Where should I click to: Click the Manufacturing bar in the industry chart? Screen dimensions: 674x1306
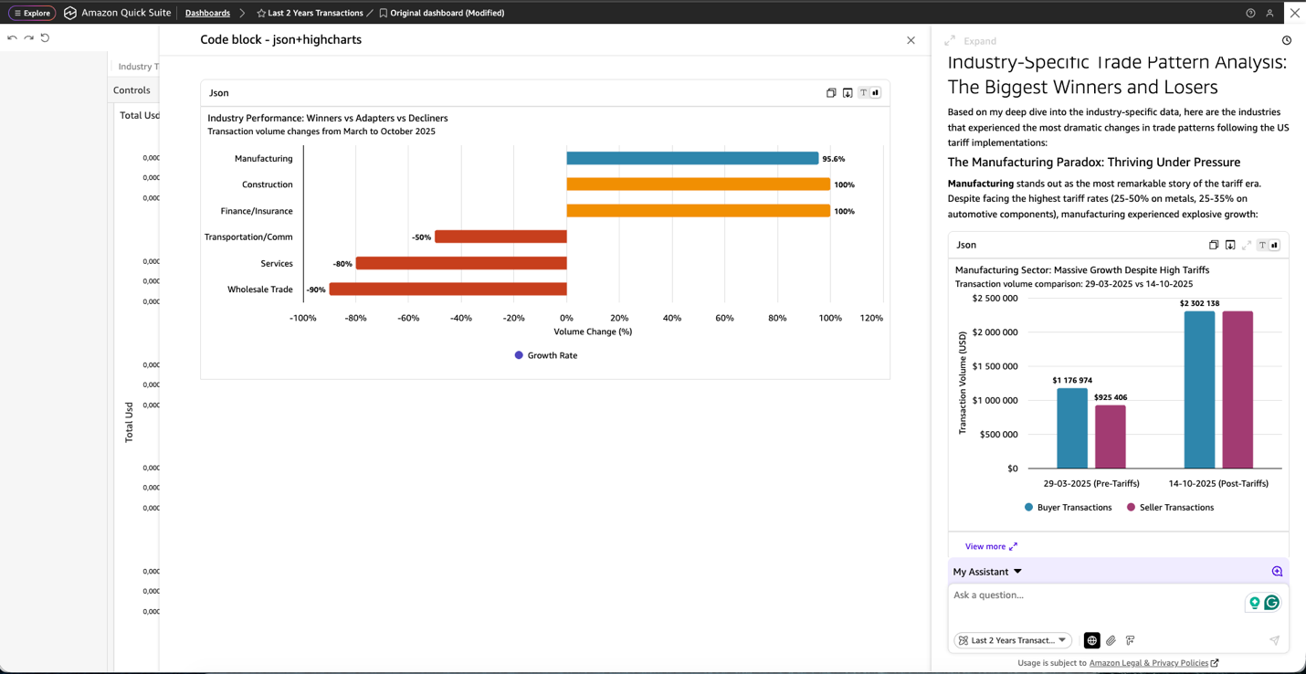[692, 158]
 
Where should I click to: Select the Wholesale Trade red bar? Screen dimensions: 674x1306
[448, 290]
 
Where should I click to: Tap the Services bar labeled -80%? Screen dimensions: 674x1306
[461, 263]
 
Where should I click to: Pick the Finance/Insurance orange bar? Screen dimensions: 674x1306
[698, 211]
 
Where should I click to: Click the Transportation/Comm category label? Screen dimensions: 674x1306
[248, 237]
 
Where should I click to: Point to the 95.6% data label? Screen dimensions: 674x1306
[833, 159]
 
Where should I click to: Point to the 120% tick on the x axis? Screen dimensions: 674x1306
[871, 318]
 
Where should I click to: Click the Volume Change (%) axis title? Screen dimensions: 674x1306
[593, 332]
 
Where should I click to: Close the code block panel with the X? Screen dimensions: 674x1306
[911, 40]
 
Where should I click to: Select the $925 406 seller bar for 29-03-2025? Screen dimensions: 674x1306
[1110, 437]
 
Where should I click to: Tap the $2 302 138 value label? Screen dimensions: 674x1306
[1199, 303]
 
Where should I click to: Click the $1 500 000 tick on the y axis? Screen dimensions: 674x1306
[995, 366]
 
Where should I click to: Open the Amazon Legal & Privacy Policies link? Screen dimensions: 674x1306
[1148, 663]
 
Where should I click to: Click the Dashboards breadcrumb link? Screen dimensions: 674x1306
[207, 13]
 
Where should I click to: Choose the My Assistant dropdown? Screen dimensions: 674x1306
[987, 572]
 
